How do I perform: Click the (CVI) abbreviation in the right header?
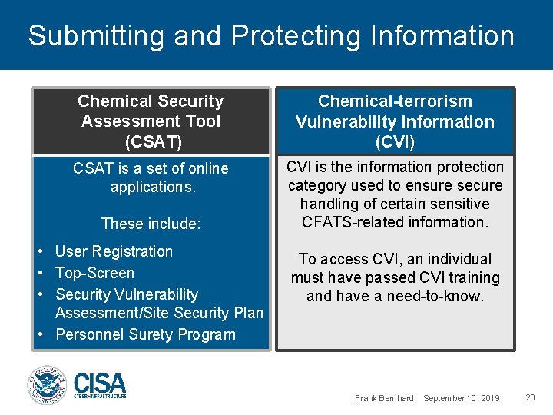pyautogui.click(x=395, y=142)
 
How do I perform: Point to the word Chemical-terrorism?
pyautogui.click(x=395, y=101)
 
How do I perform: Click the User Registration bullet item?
pyautogui.click(x=114, y=251)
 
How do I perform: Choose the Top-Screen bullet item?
pyautogui.click(x=94, y=273)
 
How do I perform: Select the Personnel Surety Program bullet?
pyautogui.click(x=145, y=334)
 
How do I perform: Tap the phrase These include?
pyautogui.click(x=151, y=224)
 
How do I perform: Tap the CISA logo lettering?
pyautogui.click(x=100, y=383)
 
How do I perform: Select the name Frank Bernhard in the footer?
pyautogui.click(x=384, y=397)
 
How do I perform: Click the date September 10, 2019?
pyautogui.click(x=461, y=397)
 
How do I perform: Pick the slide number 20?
pyautogui.click(x=530, y=397)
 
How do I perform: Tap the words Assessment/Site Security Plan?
pyautogui.click(x=159, y=313)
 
